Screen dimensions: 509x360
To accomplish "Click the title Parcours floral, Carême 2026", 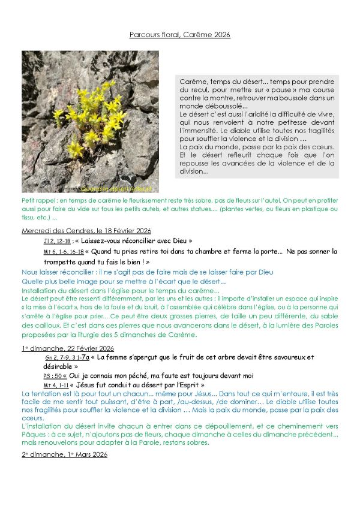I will click(179, 35).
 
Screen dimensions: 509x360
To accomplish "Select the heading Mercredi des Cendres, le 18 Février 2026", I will click(86, 230).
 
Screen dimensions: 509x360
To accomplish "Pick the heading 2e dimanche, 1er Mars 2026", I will click(64, 454).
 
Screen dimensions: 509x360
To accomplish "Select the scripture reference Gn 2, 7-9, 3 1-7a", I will click(67, 357).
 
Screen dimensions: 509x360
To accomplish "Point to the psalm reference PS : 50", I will click(52, 376).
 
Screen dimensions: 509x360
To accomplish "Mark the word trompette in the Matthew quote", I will click(61, 262).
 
